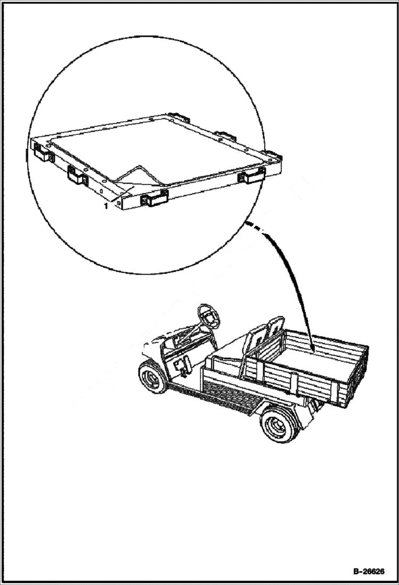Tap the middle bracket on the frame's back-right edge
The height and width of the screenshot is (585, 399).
[x=226, y=135]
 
